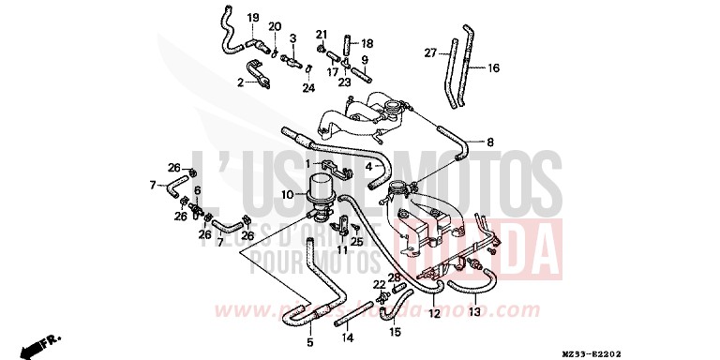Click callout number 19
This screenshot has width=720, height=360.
(x=252, y=19)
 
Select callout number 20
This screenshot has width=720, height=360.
(x=275, y=26)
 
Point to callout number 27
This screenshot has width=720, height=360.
(x=430, y=53)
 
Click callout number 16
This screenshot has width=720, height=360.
(x=493, y=67)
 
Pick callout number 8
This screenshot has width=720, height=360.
(x=488, y=142)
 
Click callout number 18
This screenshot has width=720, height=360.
(x=367, y=43)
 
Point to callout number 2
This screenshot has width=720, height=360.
(x=240, y=82)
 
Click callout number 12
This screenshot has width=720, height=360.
(x=434, y=312)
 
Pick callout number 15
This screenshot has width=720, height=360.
(x=395, y=331)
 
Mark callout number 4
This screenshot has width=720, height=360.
(x=368, y=168)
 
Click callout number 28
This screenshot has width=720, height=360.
(x=396, y=277)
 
